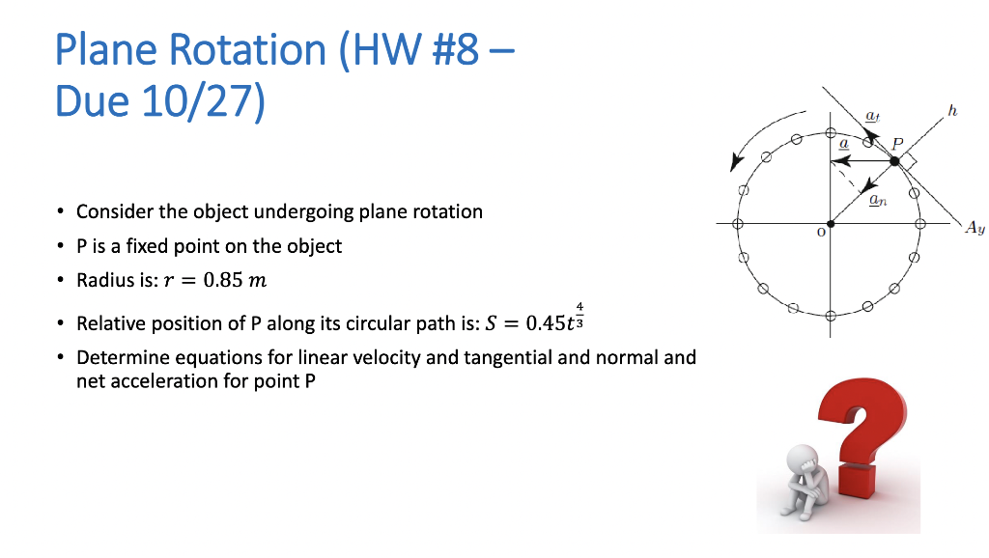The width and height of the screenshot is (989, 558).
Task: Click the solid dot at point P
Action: coord(894,161)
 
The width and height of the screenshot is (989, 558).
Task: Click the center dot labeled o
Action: coord(830,223)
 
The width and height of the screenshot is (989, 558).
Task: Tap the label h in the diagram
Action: coord(952,112)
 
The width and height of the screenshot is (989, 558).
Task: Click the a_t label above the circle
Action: coord(871,116)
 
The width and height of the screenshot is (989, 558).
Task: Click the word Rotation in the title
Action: coord(235,50)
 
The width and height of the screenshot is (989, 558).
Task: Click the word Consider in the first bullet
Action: coord(115,211)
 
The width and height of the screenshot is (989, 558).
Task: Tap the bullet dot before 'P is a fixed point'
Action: coord(61,246)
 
